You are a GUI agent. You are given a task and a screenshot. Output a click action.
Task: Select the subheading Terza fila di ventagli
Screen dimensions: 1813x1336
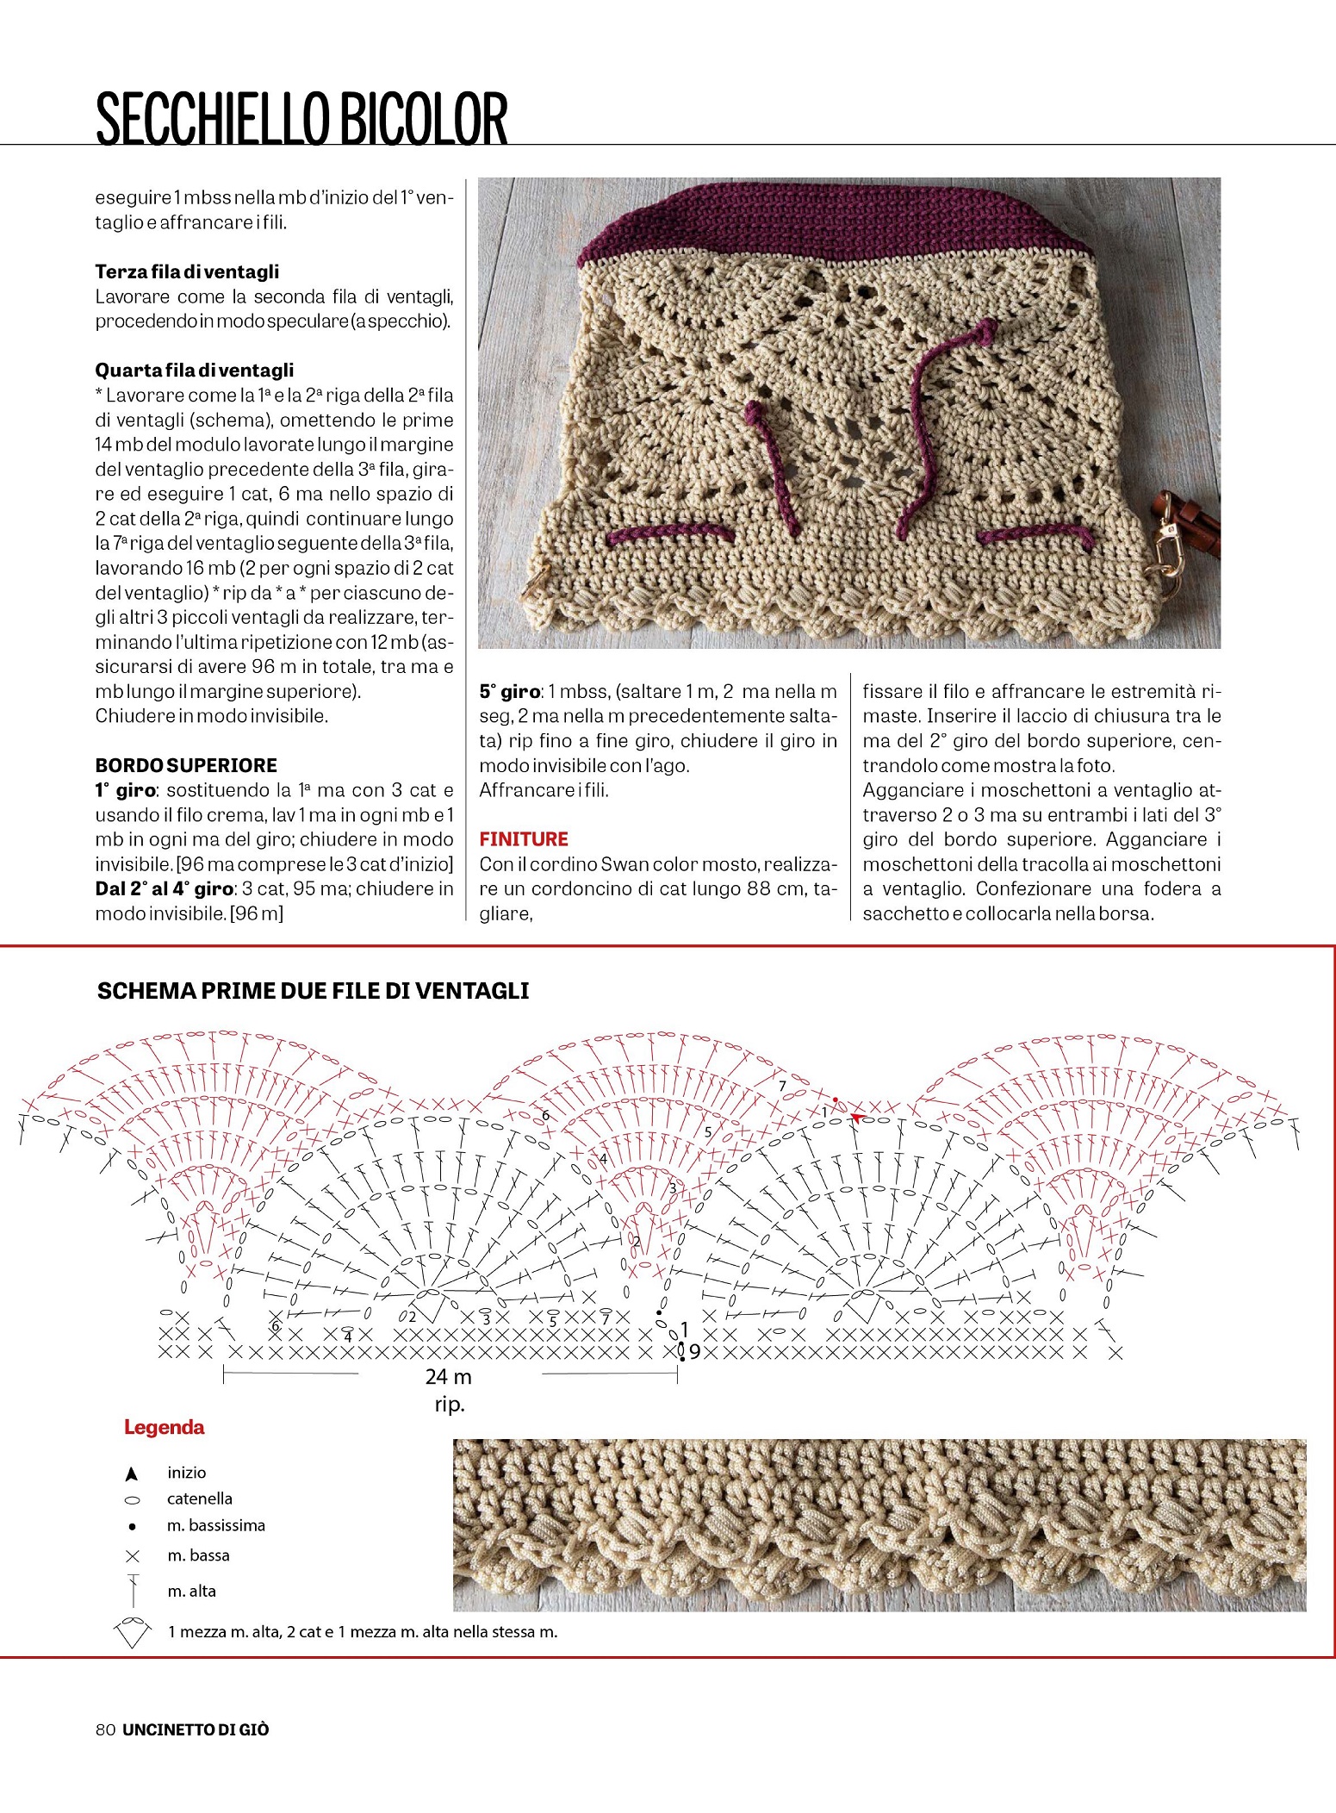(187, 271)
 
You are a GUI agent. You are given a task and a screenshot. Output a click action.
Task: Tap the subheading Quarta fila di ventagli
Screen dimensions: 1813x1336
(194, 371)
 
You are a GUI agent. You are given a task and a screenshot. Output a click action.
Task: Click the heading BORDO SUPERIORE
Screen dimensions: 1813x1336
(186, 765)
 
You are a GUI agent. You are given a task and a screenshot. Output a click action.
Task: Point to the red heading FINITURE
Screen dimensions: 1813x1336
(524, 839)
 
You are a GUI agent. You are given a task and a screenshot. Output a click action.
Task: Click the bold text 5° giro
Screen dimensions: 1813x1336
(509, 691)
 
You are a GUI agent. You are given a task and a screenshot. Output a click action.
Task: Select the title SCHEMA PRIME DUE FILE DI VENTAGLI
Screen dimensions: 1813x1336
(313, 991)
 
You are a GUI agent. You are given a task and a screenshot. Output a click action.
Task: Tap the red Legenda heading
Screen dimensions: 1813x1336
(164, 1427)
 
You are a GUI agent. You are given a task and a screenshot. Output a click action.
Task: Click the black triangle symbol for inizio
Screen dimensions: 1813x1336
(132, 1473)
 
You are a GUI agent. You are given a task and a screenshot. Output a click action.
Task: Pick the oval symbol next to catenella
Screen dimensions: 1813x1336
(133, 1500)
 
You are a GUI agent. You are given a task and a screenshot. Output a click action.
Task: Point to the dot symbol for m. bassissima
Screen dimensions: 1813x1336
(132, 1527)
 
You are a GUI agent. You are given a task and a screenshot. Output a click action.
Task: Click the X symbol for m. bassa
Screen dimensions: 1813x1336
(133, 1556)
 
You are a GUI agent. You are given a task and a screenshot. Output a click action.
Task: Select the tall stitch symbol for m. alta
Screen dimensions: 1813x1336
(134, 1591)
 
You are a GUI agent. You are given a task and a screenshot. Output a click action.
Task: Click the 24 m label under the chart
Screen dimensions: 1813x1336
(448, 1377)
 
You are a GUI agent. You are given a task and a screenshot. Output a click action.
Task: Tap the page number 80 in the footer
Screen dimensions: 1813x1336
(106, 1729)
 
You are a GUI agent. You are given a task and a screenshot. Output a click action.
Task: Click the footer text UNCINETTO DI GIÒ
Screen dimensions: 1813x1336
(196, 1729)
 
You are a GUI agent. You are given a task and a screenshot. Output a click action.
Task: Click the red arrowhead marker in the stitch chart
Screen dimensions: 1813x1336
(855, 1118)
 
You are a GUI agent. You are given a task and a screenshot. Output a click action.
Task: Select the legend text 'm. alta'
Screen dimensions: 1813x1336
(191, 1592)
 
